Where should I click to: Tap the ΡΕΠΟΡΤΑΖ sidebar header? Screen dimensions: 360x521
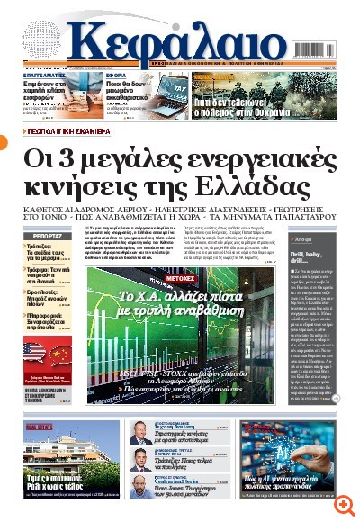click(x=48, y=236)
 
